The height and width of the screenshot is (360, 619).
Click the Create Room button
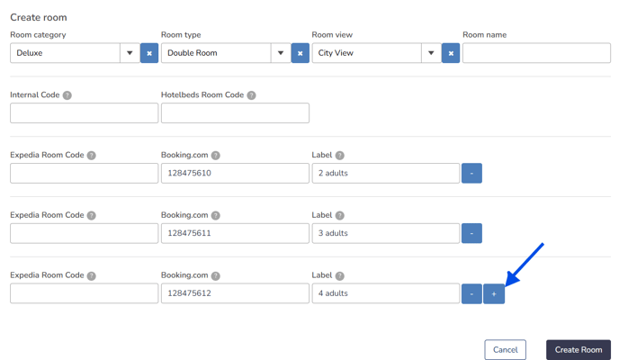(579, 350)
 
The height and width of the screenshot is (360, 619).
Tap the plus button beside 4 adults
(494, 293)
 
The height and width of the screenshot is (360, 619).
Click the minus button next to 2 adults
(471, 173)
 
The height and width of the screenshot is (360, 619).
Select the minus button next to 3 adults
(471, 233)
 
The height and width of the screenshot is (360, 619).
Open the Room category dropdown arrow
(130, 53)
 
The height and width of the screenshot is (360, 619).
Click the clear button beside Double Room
(300, 53)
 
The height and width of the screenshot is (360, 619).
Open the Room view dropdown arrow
(431, 53)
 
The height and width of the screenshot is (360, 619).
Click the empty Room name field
(536, 53)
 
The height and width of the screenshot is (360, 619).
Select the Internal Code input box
(84, 112)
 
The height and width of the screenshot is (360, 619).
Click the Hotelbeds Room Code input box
(235, 112)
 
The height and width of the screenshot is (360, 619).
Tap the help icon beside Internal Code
(67, 95)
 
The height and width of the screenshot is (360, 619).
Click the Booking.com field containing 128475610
(235, 173)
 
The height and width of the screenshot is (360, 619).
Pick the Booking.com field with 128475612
(235, 293)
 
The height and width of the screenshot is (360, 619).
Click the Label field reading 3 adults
(386, 233)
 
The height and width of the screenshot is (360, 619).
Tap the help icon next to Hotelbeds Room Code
(252, 95)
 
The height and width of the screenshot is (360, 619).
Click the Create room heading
(39, 17)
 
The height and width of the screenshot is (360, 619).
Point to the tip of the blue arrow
(507, 285)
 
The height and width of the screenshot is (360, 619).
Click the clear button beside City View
(451, 53)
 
